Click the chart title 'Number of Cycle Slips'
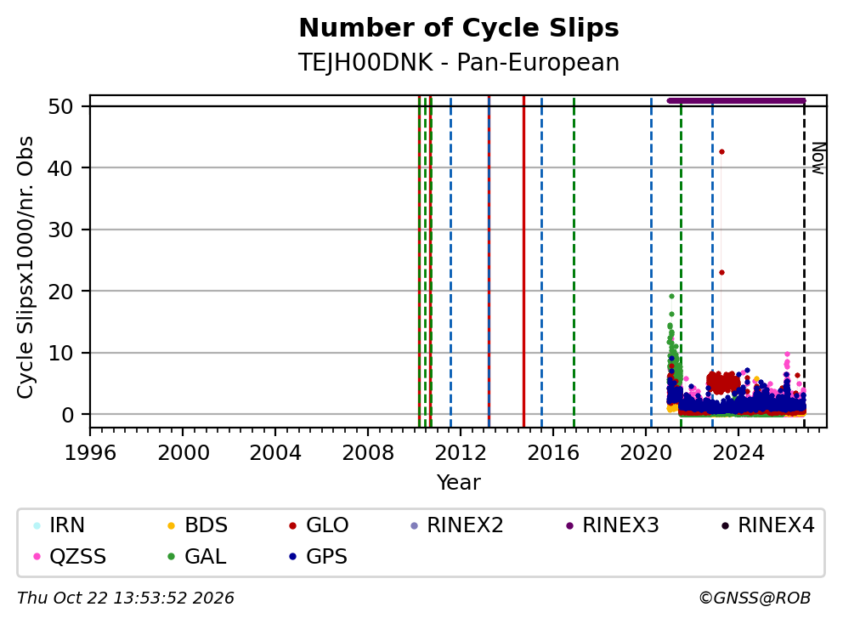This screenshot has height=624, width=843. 459,29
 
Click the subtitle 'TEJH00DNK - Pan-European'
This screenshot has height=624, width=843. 459,63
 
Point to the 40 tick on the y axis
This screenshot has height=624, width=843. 60,168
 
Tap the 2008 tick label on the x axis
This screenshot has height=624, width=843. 368,453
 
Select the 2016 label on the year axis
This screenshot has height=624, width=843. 553,453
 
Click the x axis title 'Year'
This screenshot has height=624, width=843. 459,483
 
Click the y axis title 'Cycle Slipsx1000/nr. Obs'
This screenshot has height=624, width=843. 25,267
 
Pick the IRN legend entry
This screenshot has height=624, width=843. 59,525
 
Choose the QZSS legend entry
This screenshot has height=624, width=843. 70,556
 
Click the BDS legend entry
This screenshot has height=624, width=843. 197,525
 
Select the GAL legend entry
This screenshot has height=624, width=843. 197,556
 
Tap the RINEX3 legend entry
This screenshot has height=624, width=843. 613,525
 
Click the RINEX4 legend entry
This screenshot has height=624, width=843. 767,525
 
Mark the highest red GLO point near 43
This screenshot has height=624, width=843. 721,151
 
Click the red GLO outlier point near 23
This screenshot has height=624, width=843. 721,273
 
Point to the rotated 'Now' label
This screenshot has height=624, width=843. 818,158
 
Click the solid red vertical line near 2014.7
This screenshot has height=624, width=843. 523,262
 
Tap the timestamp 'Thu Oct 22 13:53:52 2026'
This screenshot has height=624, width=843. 126,598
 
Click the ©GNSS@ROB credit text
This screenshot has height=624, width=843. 755,598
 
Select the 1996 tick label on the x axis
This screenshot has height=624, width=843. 90,453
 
